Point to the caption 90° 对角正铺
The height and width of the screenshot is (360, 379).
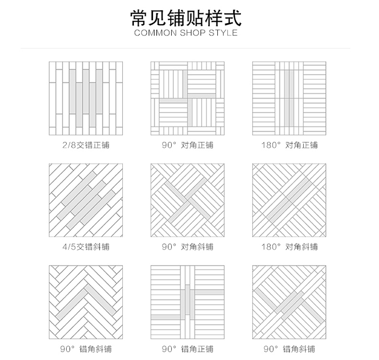pos(188,145)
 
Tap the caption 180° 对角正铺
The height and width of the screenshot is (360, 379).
pos(290,145)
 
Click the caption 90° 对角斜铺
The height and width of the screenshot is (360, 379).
pos(188,247)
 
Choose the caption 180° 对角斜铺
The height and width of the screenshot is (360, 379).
pos(290,247)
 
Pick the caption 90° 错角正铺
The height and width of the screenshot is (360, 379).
pos(188,348)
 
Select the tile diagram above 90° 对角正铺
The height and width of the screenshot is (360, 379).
pos(188,99)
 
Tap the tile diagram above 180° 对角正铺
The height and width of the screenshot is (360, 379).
pos(290,99)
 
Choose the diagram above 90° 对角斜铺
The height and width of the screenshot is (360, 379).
pos(188,200)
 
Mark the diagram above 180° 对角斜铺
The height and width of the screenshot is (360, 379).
pos(290,200)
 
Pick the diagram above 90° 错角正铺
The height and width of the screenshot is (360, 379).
pos(188,302)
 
